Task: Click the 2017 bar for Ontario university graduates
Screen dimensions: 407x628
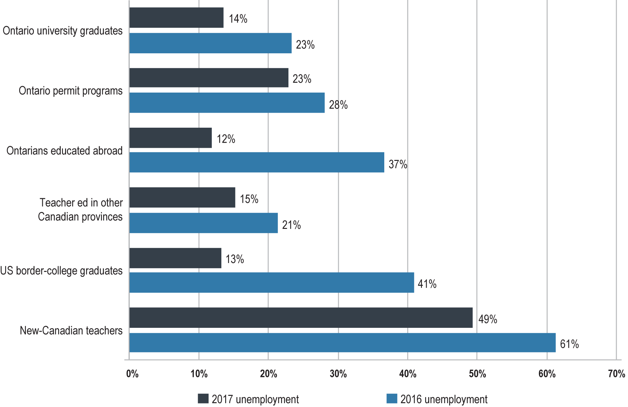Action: coord(176,18)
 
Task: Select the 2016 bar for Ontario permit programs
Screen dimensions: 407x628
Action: coord(227,103)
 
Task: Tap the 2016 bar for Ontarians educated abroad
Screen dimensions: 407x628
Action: coord(257,162)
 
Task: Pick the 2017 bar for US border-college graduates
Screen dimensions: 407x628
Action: coord(175,258)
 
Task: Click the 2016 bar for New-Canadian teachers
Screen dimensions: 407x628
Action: coord(342,343)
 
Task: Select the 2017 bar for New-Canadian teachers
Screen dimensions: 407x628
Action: coord(301,318)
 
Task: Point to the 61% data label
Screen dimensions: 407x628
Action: coord(569,344)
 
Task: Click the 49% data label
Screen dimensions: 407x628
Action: coord(487,319)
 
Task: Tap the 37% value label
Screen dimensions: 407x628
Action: coord(398,164)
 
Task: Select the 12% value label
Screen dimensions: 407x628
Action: coord(226,139)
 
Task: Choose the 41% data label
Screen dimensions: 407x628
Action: coord(427,284)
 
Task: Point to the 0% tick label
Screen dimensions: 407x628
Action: coord(132,374)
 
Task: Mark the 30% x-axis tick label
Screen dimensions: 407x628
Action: coord(338,374)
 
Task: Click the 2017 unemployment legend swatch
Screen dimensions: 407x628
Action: coord(203,399)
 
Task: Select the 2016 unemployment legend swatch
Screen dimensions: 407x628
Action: coord(392,399)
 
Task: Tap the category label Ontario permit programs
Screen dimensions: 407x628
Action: coord(71,91)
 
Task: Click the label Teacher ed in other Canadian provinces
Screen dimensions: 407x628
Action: coord(80,210)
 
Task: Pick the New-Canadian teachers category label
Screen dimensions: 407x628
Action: coord(71,330)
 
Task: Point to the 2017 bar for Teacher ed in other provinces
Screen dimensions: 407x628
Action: coord(182,198)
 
